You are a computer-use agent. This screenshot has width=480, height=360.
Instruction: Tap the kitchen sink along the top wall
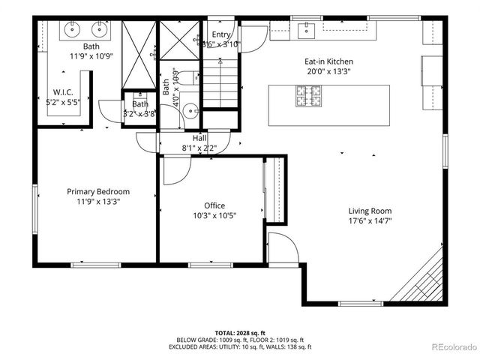(x=306, y=30)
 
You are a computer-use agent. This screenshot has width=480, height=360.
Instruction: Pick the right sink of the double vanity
(x=99, y=30)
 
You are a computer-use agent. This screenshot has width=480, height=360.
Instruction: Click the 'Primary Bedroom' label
(x=97, y=191)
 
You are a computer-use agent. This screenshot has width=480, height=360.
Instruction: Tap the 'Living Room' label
(x=370, y=211)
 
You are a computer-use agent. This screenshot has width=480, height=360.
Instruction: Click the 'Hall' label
(x=199, y=138)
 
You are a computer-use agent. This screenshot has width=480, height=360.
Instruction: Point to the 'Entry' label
(x=221, y=34)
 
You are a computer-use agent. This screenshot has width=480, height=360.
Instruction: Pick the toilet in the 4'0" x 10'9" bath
(x=193, y=77)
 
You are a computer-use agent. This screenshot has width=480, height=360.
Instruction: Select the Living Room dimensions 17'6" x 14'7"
(x=370, y=220)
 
